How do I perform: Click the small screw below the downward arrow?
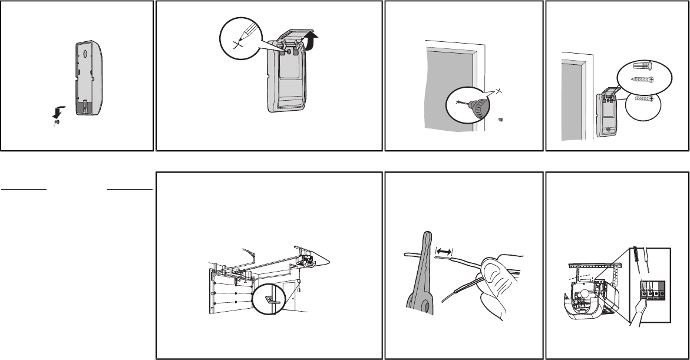[x=57, y=122]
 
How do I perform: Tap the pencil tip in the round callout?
[x=242, y=41]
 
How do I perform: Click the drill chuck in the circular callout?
[x=482, y=107]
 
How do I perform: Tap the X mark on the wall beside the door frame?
[x=498, y=91]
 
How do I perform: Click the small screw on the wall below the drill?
[x=500, y=120]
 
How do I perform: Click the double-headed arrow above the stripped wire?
[x=443, y=251]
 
